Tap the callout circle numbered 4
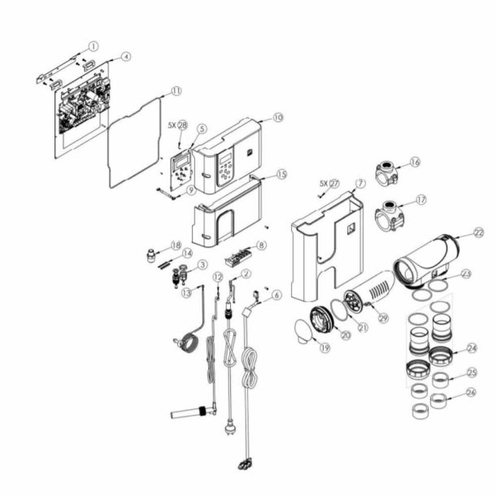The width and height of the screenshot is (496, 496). click(x=125, y=57)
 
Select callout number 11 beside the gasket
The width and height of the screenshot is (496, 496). click(x=176, y=91)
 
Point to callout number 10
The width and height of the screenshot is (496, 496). click(x=277, y=118)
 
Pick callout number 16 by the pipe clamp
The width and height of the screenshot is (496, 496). click(x=415, y=162)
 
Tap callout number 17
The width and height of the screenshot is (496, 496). click(x=420, y=199)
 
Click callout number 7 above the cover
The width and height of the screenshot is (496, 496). click(x=360, y=184)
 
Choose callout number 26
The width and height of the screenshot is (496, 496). click(x=471, y=393)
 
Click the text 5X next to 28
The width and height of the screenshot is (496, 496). click(x=172, y=126)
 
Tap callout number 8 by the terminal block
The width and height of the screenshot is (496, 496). click(x=261, y=244)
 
